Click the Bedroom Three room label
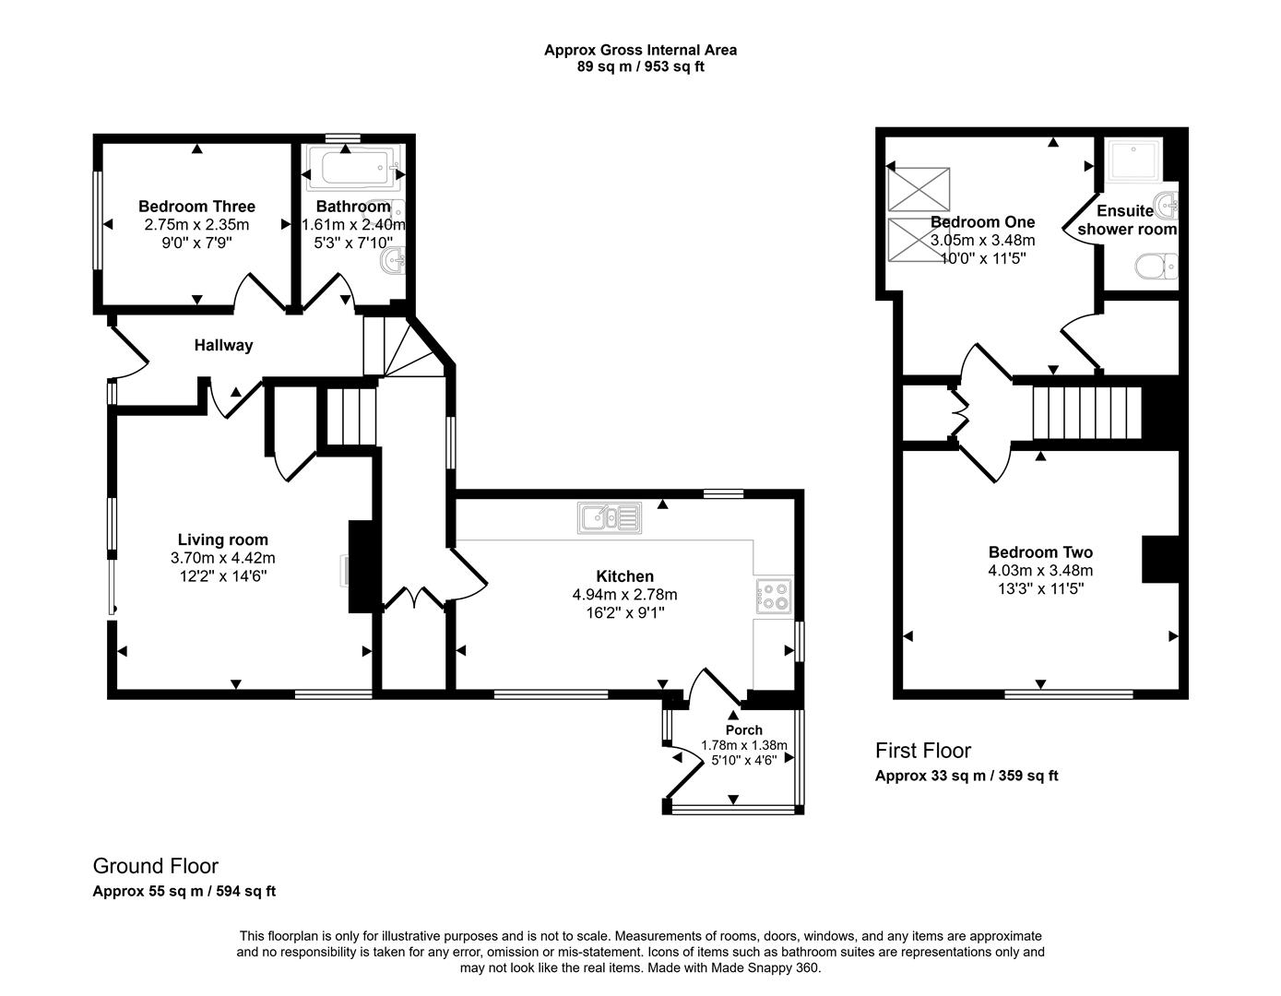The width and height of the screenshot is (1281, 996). coord(196,207)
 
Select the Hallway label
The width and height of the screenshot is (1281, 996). coord(223,346)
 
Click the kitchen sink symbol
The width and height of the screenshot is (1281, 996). coord(610,518)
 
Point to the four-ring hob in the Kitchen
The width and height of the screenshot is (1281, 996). coord(773,597)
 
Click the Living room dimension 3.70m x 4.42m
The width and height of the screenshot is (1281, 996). coord(222,558)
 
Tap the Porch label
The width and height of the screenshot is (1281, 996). coord(743,730)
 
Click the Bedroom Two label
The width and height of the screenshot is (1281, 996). coord(1040,552)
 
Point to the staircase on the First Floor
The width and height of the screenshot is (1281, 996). coord(1086,412)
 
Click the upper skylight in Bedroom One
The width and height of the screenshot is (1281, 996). coord(918,189)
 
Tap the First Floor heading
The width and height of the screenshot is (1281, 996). coord(922,751)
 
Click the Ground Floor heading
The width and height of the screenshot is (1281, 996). coord(155,866)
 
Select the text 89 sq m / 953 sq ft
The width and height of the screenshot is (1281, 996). coord(640,66)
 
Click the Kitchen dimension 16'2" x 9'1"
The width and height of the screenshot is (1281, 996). coord(624,611)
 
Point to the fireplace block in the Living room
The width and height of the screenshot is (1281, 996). coord(361,567)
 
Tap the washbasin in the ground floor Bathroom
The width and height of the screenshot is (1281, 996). coord(395,259)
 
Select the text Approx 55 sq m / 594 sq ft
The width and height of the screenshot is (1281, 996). coord(184,892)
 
